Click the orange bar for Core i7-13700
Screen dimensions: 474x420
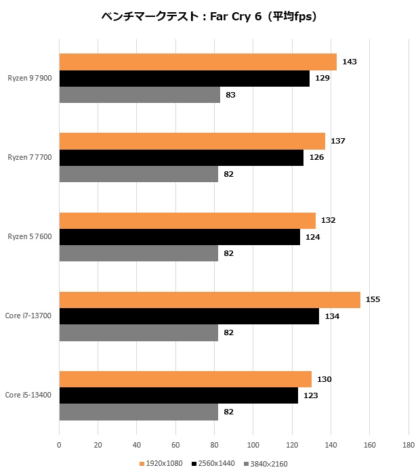pos(210,300)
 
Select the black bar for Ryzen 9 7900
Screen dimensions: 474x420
pos(184,79)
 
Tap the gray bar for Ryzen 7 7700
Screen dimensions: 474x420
pos(139,174)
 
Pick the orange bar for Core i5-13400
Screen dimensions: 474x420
pos(186,379)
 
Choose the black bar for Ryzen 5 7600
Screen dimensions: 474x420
pos(180,237)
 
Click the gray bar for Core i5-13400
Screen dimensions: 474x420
pos(139,412)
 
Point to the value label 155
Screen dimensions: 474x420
pos(373,300)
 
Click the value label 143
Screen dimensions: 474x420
pos(350,62)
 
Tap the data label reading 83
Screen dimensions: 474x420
pos(230,95)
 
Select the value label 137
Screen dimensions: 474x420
pos(338,142)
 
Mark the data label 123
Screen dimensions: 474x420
pos(310,395)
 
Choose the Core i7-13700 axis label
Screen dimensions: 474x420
pos(28,316)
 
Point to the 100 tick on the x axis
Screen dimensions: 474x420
pos(253,445)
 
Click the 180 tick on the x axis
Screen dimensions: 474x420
pos(408,445)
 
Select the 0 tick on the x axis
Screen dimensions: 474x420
pos(60,445)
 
